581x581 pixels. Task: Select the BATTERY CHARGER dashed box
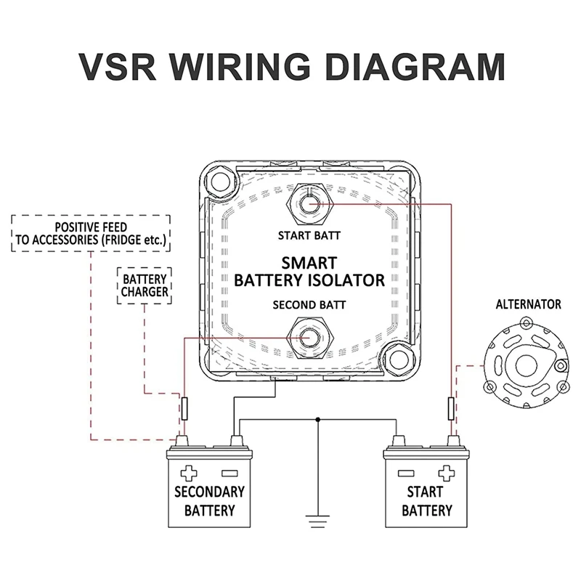[x=144, y=285]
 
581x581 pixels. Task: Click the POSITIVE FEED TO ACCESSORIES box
[x=91, y=232]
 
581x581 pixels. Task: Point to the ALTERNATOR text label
[x=528, y=304]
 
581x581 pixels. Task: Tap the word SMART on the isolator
[x=309, y=262]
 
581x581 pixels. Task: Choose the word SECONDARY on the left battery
[x=209, y=492]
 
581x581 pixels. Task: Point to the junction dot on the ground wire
[x=318, y=420]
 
